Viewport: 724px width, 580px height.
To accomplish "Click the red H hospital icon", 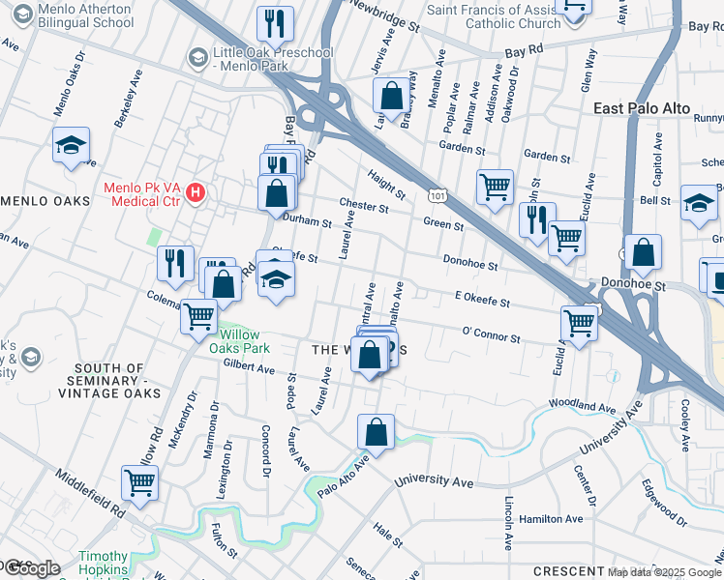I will pyautogui.click(x=196, y=192).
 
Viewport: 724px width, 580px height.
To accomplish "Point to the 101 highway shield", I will pyautogui.click(x=437, y=196).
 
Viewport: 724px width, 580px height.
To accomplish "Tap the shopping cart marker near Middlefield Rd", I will pyautogui.click(x=140, y=482).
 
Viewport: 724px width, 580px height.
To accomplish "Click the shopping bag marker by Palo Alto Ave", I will pyautogui.click(x=376, y=431).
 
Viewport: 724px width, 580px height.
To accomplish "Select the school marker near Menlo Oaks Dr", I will pyautogui.click(x=71, y=146).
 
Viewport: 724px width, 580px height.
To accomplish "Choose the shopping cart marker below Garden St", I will pyautogui.click(x=495, y=187).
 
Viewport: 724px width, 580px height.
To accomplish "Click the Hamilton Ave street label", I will pyautogui.click(x=551, y=519).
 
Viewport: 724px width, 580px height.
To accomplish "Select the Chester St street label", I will pyautogui.click(x=364, y=206).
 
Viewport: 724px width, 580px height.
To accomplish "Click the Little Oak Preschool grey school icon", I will pyautogui.click(x=199, y=57).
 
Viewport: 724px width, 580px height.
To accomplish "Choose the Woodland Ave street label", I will pyautogui.click(x=582, y=406).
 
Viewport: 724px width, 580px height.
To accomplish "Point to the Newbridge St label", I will pyautogui.click(x=384, y=16).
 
